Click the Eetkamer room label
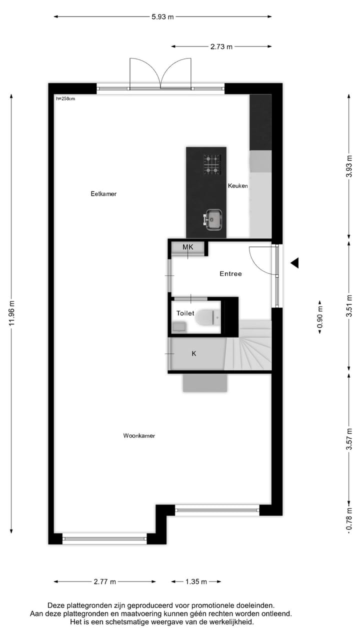coord(103,194)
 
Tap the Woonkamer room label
coord(139,436)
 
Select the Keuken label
coord(238,186)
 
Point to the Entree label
coord(230,274)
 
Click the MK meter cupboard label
coord(187,247)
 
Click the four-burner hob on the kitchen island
coord(212,164)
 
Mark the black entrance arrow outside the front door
coord(295,262)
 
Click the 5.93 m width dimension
coord(163,17)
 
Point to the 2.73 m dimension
coord(221,47)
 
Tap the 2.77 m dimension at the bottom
coord(104,582)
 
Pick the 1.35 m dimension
coord(196,582)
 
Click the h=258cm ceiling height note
coord(65,98)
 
